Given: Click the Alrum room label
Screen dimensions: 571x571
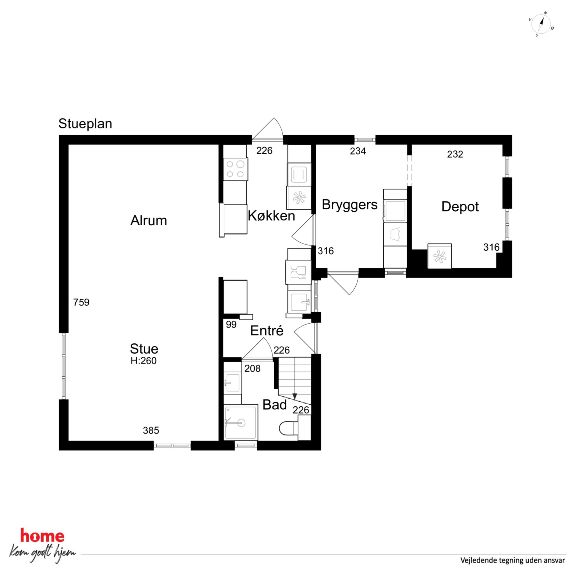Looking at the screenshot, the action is (x=149, y=220).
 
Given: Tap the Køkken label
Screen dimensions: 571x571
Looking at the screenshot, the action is (x=271, y=216).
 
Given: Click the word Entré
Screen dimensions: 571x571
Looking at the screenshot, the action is (x=267, y=330).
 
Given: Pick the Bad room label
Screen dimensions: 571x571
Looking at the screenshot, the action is (x=275, y=405).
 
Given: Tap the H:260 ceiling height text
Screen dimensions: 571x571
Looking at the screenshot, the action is (x=144, y=361).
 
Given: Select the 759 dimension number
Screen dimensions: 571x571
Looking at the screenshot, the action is (x=81, y=302).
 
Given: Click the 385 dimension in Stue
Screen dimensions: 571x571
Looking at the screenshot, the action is (x=151, y=431).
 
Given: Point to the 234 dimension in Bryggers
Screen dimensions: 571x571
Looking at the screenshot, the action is (x=358, y=151).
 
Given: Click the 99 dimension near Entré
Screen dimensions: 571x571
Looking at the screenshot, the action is (x=231, y=325).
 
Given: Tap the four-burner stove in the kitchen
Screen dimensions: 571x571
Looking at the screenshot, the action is (x=235, y=169).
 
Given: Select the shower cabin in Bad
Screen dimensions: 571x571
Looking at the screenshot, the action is (x=241, y=422).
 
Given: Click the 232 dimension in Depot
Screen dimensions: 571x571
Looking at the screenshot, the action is (x=455, y=154).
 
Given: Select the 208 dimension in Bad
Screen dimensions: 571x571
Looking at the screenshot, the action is (x=252, y=369).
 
